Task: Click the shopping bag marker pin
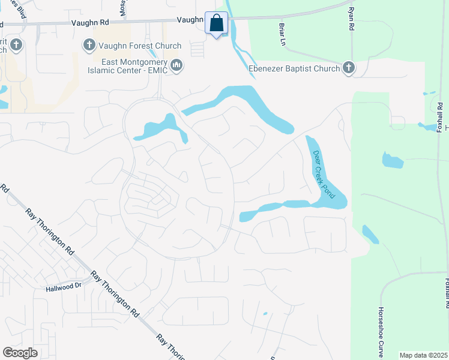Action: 217,24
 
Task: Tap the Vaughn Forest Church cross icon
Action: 89,46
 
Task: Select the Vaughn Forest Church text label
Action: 140,46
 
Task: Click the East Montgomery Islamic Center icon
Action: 176,65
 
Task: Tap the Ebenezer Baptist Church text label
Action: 294,68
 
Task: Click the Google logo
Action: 20,352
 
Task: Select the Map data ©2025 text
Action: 423,355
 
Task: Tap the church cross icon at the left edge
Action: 15,45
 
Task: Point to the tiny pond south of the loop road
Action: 265,313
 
